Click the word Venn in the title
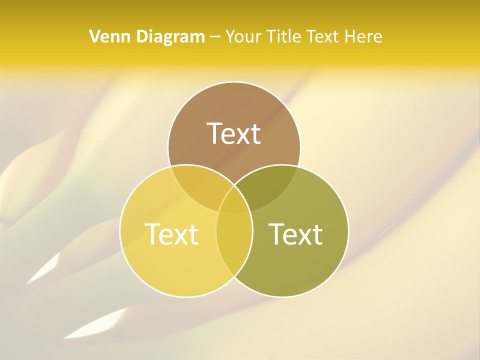point(105,36)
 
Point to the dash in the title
point(215,37)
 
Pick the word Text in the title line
point(323,36)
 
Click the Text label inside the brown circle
point(234,133)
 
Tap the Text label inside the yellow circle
point(171,234)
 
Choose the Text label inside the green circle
point(296,234)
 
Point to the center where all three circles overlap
point(234,202)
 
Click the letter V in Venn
point(94,36)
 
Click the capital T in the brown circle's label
point(215,133)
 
